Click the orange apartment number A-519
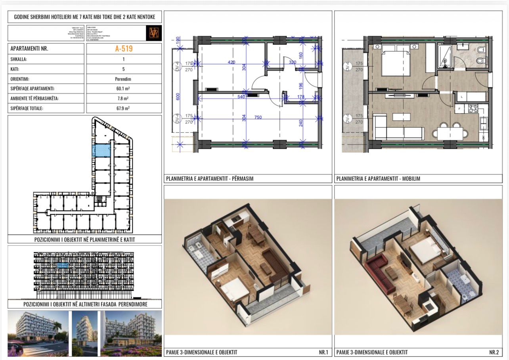point(124,49)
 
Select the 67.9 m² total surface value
point(124,108)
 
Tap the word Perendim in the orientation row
point(124,79)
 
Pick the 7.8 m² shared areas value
point(124,98)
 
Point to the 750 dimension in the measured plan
point(258,117)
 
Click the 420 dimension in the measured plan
point(232,62)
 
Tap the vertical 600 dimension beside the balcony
point(178,96)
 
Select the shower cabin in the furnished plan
point(445,57)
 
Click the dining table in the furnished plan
point(452,134)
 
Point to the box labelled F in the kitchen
point(459,108)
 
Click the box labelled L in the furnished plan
point(461,96)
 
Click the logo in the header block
point(154,33)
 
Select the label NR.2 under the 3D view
point(494,352)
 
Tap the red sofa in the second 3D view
point(376,263)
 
